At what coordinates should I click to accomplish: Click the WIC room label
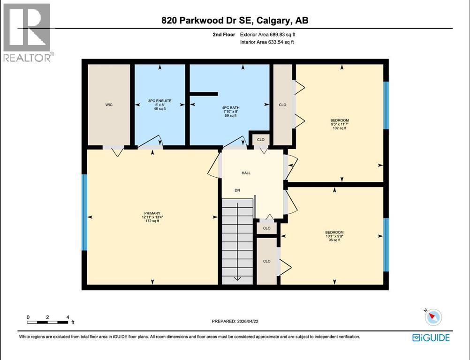tap(109, 105)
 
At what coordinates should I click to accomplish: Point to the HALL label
tap(246, 173)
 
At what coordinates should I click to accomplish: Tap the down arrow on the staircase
tap(237, 277)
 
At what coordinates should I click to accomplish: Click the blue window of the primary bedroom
tap(84, 212)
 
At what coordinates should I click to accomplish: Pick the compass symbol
tap(433, 317)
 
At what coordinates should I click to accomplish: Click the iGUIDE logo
tap(431, 337)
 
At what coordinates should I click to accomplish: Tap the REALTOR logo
tap(28, 33)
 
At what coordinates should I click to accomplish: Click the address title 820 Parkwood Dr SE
tap(235, 20)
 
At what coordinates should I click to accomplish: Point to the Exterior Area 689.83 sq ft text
tap(268, 34)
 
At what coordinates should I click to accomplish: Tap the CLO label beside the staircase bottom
tap(267, 261)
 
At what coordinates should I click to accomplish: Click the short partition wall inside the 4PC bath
tap(204, 94)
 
